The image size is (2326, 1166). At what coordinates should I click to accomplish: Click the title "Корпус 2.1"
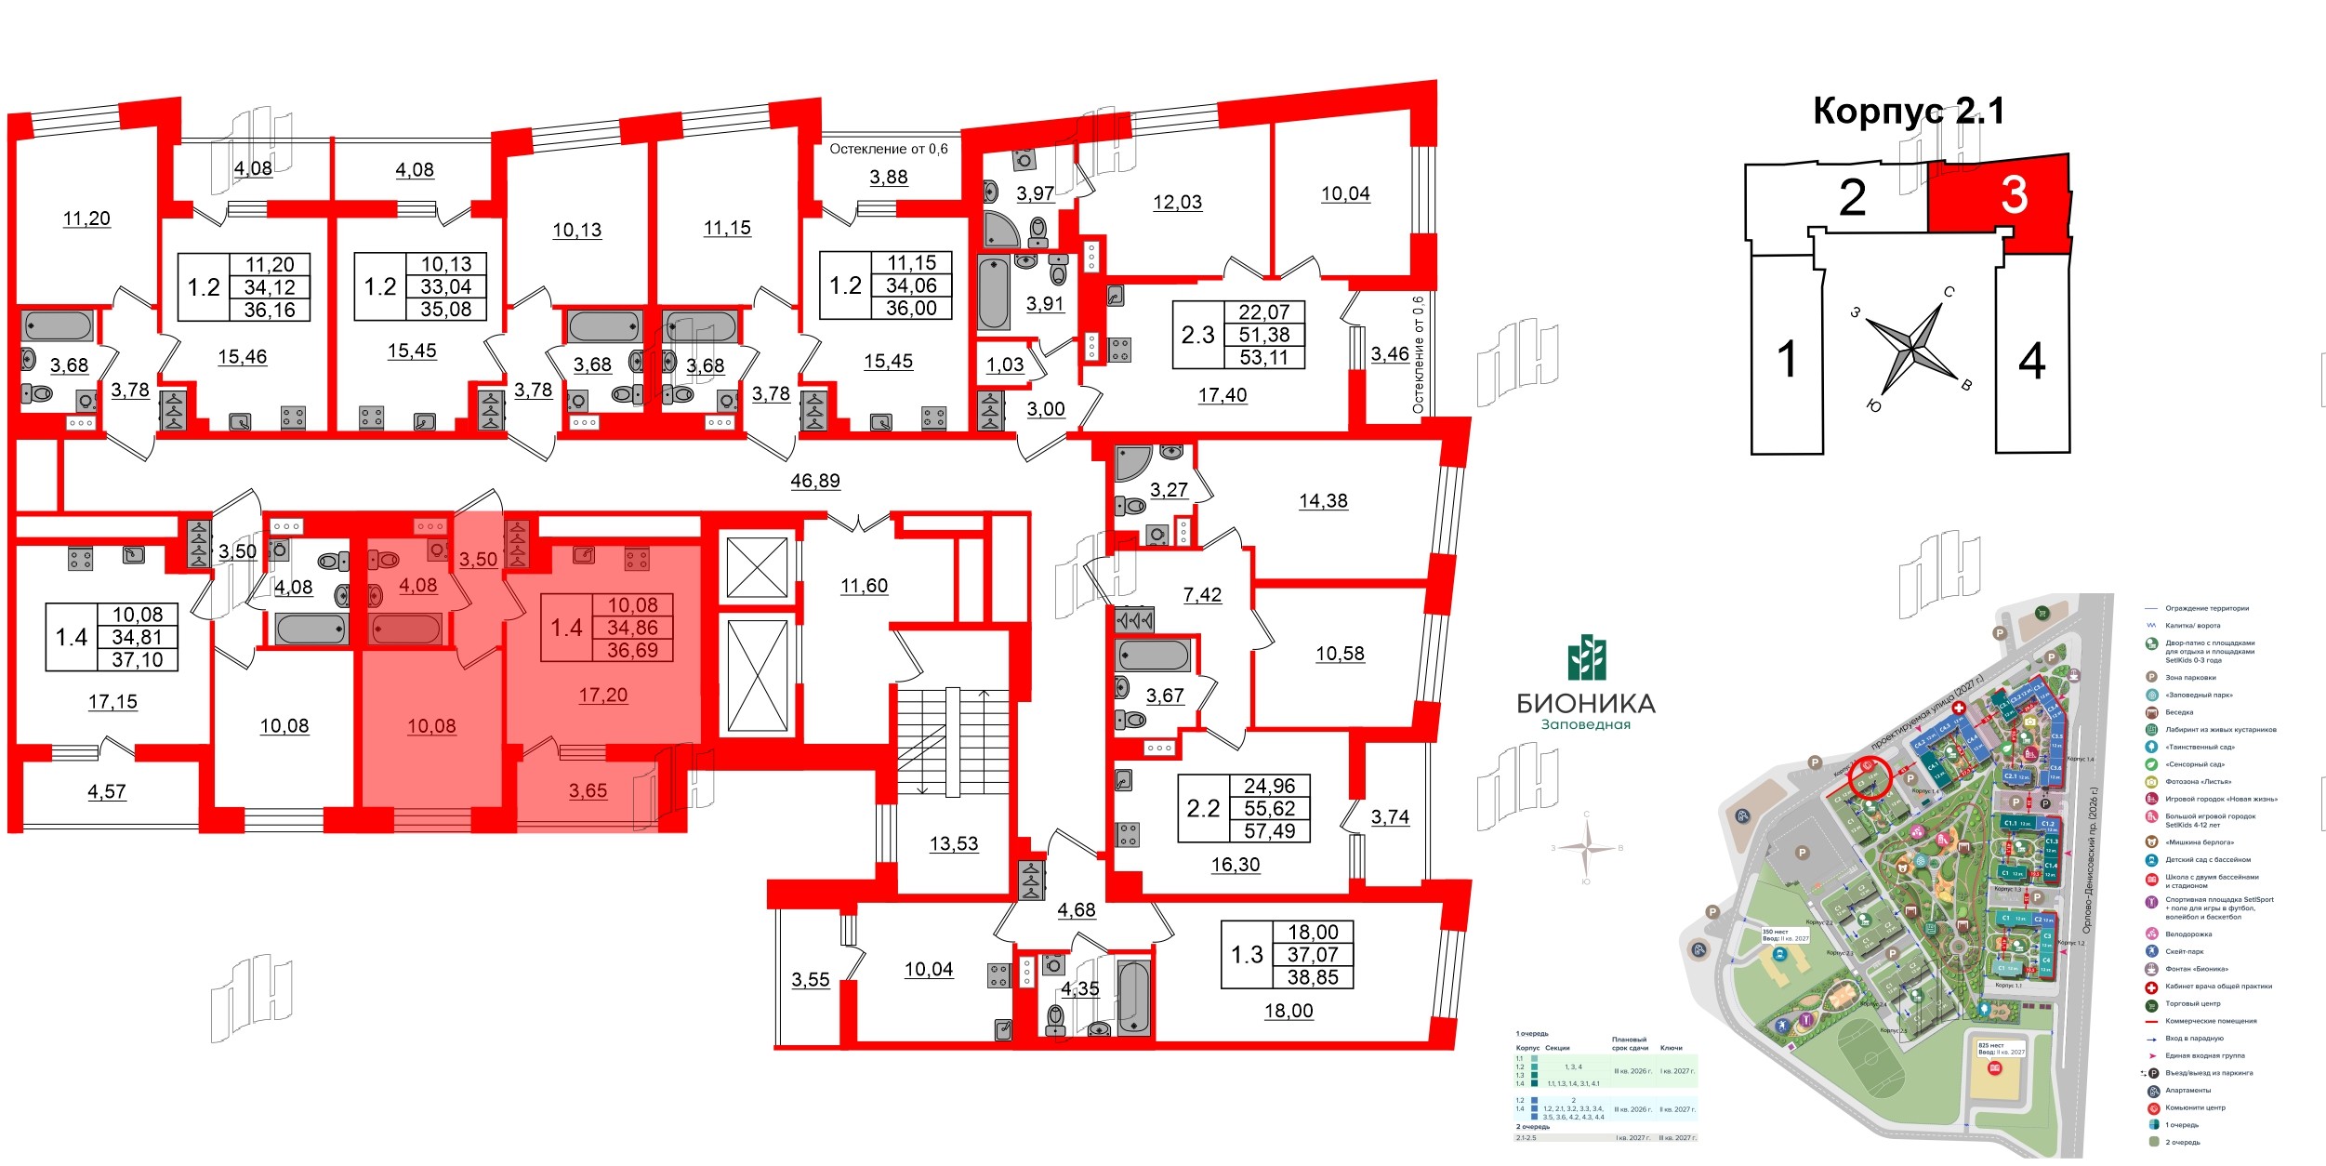pyautogui.click(x=1908, y=112)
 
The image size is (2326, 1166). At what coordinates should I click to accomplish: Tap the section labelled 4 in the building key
pyautogui.click(x=2032, y=361)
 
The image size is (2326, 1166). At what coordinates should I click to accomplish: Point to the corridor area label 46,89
pyautogui.click(x=814, y=481)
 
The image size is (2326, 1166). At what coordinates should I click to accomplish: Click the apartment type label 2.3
pyautogui.click(x=1197, y=335)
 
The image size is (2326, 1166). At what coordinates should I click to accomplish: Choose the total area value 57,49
pyautogui.click(x=1269, y=831)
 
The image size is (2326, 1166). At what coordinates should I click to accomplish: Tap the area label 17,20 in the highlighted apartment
pyautogui.click(x=602, y=695)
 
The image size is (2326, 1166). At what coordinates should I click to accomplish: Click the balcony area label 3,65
pyautogui.click(x=588, y=790)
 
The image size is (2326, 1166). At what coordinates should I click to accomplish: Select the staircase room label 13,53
pyautogui.click(x=954, y=843)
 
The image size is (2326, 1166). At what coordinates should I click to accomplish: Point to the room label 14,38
pyautogui.click(x=1323, y=500)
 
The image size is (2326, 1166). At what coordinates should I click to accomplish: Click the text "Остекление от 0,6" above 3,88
pyautogui.click(x=888, y=149)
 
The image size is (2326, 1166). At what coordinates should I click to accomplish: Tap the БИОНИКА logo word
pyautogui.click(x=1586, y=703)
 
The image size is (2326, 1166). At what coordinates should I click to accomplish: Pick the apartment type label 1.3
pyautogui.click(x=1247, y=954)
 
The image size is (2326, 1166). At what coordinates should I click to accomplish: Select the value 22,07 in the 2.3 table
pyautogui.click(x=1263, y=312)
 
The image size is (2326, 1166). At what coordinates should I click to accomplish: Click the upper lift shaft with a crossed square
pyautogui.click(x=757, y=566)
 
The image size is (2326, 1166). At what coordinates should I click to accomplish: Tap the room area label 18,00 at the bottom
pyautogui.click(x=1289, y=1011)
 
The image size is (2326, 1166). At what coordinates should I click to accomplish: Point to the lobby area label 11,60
pyautogui.click(x=864, y=586)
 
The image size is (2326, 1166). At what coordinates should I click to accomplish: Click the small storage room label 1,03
pyautogui.click(x=1004, y=364)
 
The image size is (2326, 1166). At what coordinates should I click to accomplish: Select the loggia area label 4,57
pyautogui.click(x=106, y=791)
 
